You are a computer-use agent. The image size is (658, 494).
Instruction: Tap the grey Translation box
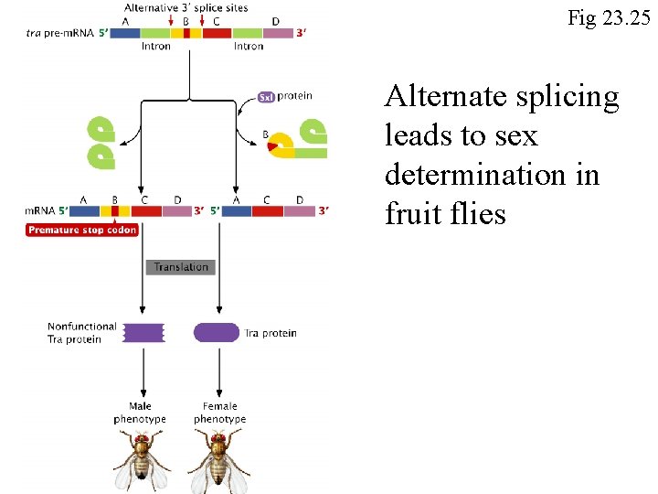click(180, 267)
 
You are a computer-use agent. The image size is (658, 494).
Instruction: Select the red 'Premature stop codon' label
click(82, 230)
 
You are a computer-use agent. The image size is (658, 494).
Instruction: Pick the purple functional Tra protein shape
click(217, 332)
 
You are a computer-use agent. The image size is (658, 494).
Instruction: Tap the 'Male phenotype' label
click(140, 413)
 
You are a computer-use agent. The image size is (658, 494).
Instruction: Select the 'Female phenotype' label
click(219, 413)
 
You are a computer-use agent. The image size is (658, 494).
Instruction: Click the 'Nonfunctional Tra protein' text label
click(82, 332)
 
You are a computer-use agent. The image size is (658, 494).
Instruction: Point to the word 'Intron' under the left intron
click(156, 46)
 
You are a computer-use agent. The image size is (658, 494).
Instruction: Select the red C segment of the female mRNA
click(267, 210)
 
